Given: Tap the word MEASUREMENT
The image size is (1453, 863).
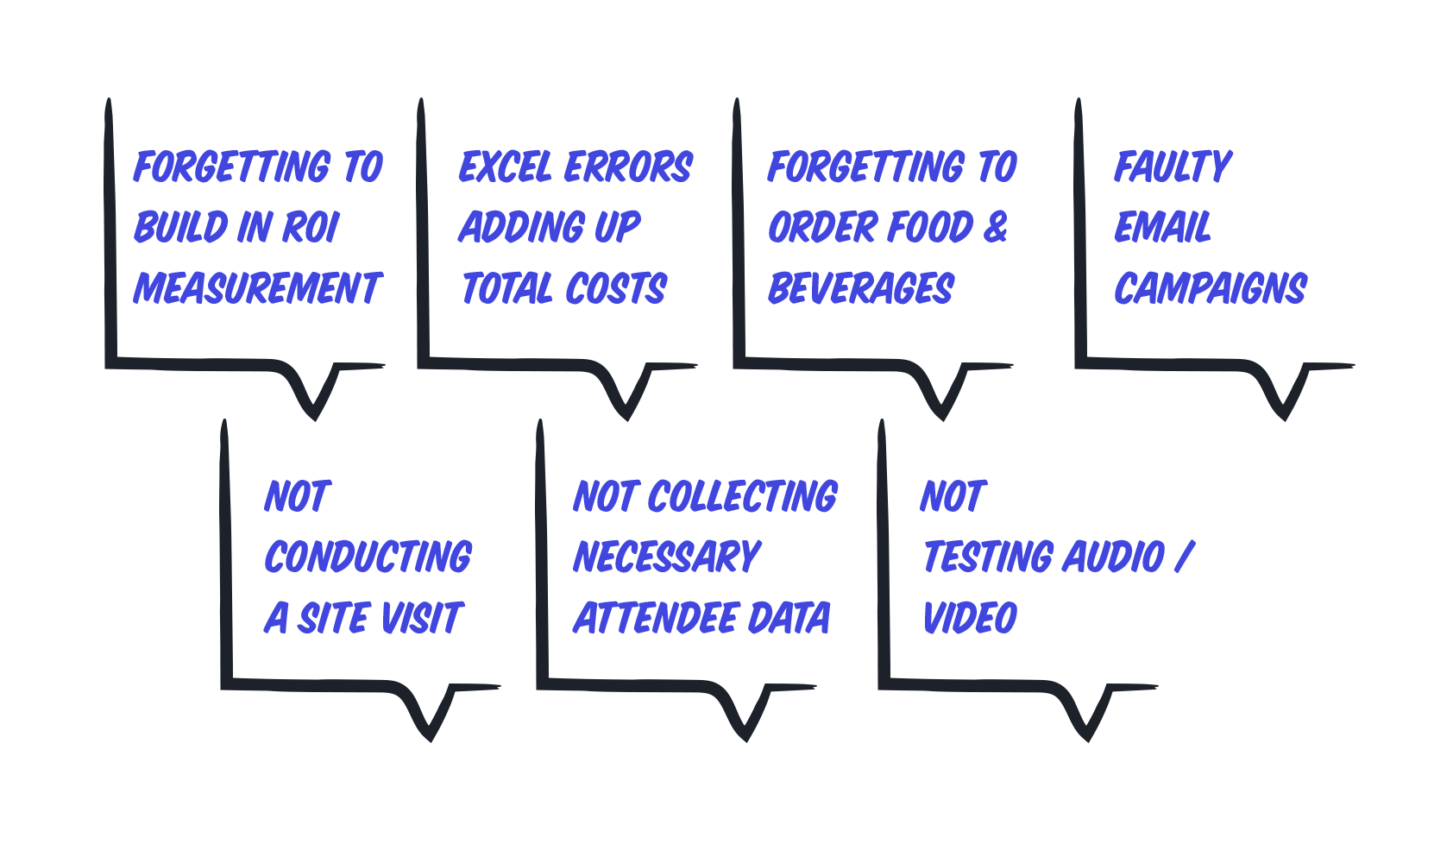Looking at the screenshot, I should (x=257, y=288).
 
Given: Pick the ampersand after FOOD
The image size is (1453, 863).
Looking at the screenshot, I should (x=995, y=228).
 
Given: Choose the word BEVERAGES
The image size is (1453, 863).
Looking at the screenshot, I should (x=861, y=288).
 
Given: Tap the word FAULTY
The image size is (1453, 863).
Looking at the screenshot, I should (x=1173, y=167).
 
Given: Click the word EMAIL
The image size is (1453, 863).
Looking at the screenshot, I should (x=1162, y=228).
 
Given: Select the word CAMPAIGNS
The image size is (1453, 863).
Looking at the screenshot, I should (x=1210, y=288).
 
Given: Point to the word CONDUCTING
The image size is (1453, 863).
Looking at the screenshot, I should (x=368, y=557).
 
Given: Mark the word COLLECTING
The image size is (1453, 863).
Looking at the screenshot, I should (x=742, y=497).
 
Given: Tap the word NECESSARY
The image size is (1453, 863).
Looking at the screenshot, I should (x=667, y=557).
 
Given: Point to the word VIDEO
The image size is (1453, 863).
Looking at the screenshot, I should (x=970, y=618).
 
